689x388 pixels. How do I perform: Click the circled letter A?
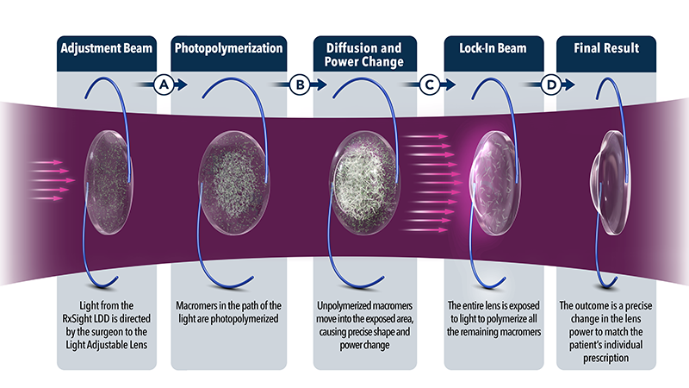pos(164,84)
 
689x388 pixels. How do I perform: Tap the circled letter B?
pos(300,84)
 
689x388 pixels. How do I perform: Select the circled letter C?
pos(429,84)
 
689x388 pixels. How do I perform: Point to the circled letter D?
pos(551,84)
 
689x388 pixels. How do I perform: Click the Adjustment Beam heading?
pos(106,48)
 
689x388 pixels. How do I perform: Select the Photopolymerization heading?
pos(228,48)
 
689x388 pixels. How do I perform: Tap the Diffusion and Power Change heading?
pos(363,54)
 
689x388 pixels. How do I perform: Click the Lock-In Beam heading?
pos(493,48)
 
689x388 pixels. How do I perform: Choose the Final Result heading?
pos(606,48)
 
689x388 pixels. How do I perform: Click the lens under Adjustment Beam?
pos(109,182)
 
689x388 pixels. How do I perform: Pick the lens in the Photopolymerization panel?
pos(233,183)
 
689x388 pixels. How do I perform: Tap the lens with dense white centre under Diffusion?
pos(364,183)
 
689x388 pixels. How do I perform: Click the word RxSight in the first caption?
pos(77,318)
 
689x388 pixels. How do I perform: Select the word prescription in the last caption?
pos(606,358)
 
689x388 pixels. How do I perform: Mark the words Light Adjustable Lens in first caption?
pos(107,345)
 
